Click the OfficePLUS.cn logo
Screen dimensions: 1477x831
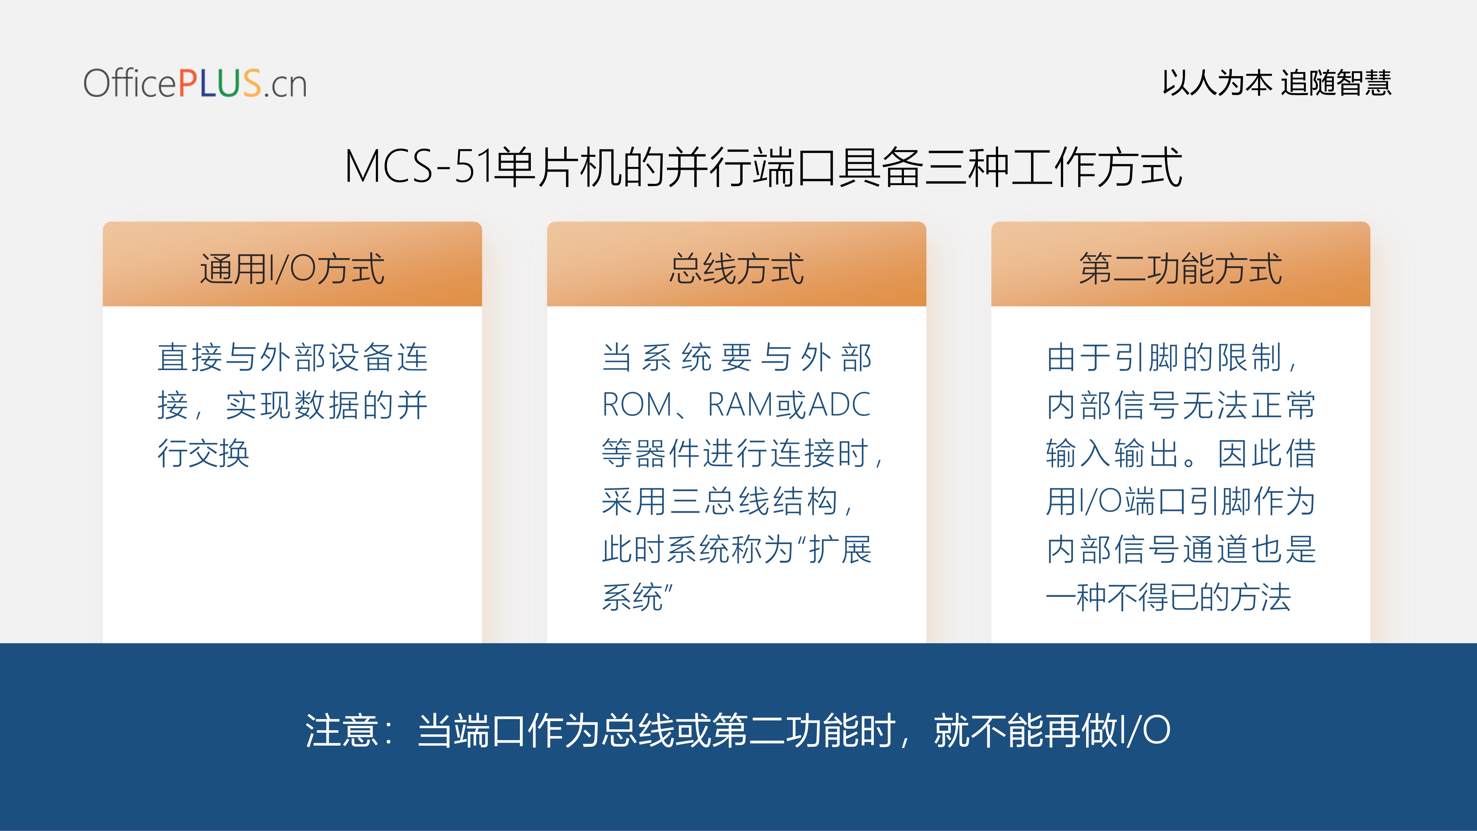(x=195, y=83)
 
